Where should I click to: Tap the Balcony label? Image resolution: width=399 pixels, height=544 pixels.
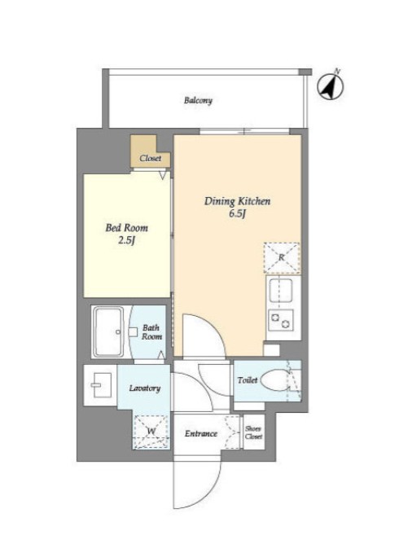(198, 101)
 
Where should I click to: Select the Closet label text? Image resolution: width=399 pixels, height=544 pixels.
(150, 159)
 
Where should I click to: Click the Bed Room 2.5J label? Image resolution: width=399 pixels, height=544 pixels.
(127, 234)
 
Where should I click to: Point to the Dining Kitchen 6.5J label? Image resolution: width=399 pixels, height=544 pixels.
(237, 207)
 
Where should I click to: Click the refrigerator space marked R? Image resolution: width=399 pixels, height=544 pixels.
(282, 258)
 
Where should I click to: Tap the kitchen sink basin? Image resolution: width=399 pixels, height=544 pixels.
(280, 289)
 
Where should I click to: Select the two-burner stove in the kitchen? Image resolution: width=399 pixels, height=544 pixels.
(280, 320)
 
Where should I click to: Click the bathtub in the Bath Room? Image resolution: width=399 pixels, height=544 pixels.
(107, 331)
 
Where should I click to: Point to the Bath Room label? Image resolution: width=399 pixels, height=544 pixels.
(151, 332)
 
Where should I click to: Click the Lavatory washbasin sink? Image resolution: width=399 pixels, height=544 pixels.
(101, 385)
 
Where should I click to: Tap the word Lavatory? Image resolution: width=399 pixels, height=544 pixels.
(145, 388)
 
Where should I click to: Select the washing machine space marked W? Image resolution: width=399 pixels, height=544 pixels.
(151, 432)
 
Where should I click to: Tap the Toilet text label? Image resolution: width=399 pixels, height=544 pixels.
(247, 380)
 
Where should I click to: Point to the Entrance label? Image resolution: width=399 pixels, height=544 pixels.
(201, 434)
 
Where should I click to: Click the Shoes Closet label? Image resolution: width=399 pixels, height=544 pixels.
(253, 432)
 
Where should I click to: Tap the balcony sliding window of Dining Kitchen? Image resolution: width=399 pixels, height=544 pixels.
(244, 131)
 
